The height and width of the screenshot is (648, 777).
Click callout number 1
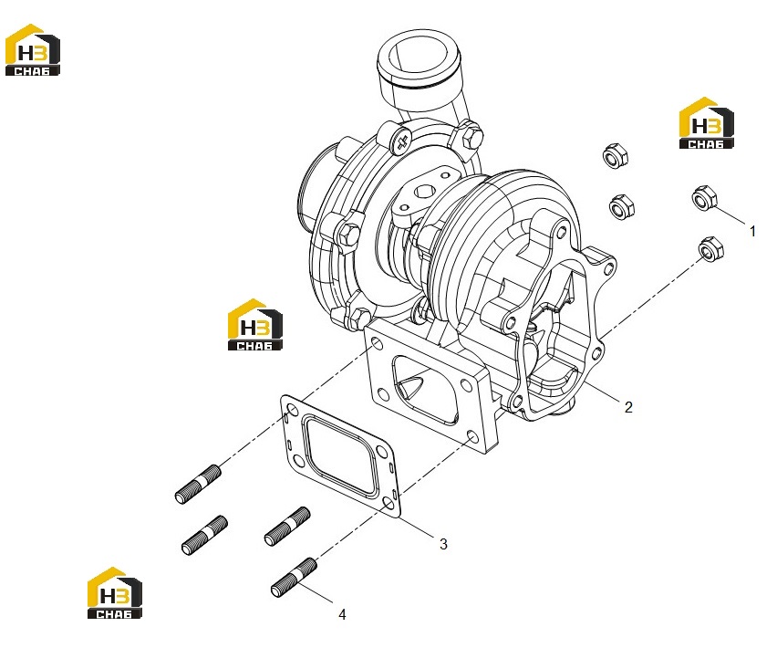(x=752, y=231)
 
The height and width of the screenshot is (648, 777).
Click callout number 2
(x=628, y=407)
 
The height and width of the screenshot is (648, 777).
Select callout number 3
(x=443, y=544)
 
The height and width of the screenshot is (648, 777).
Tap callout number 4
(x=342, y=614)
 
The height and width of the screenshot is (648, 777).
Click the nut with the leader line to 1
(x=704, y=197)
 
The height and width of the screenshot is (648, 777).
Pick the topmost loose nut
(x=616, y=155)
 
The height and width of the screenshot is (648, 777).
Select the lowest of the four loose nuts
(x=710, y=249)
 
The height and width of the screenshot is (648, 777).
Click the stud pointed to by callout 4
(x=294, y=577)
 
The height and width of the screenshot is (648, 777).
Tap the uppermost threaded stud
(x=198, y=484)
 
